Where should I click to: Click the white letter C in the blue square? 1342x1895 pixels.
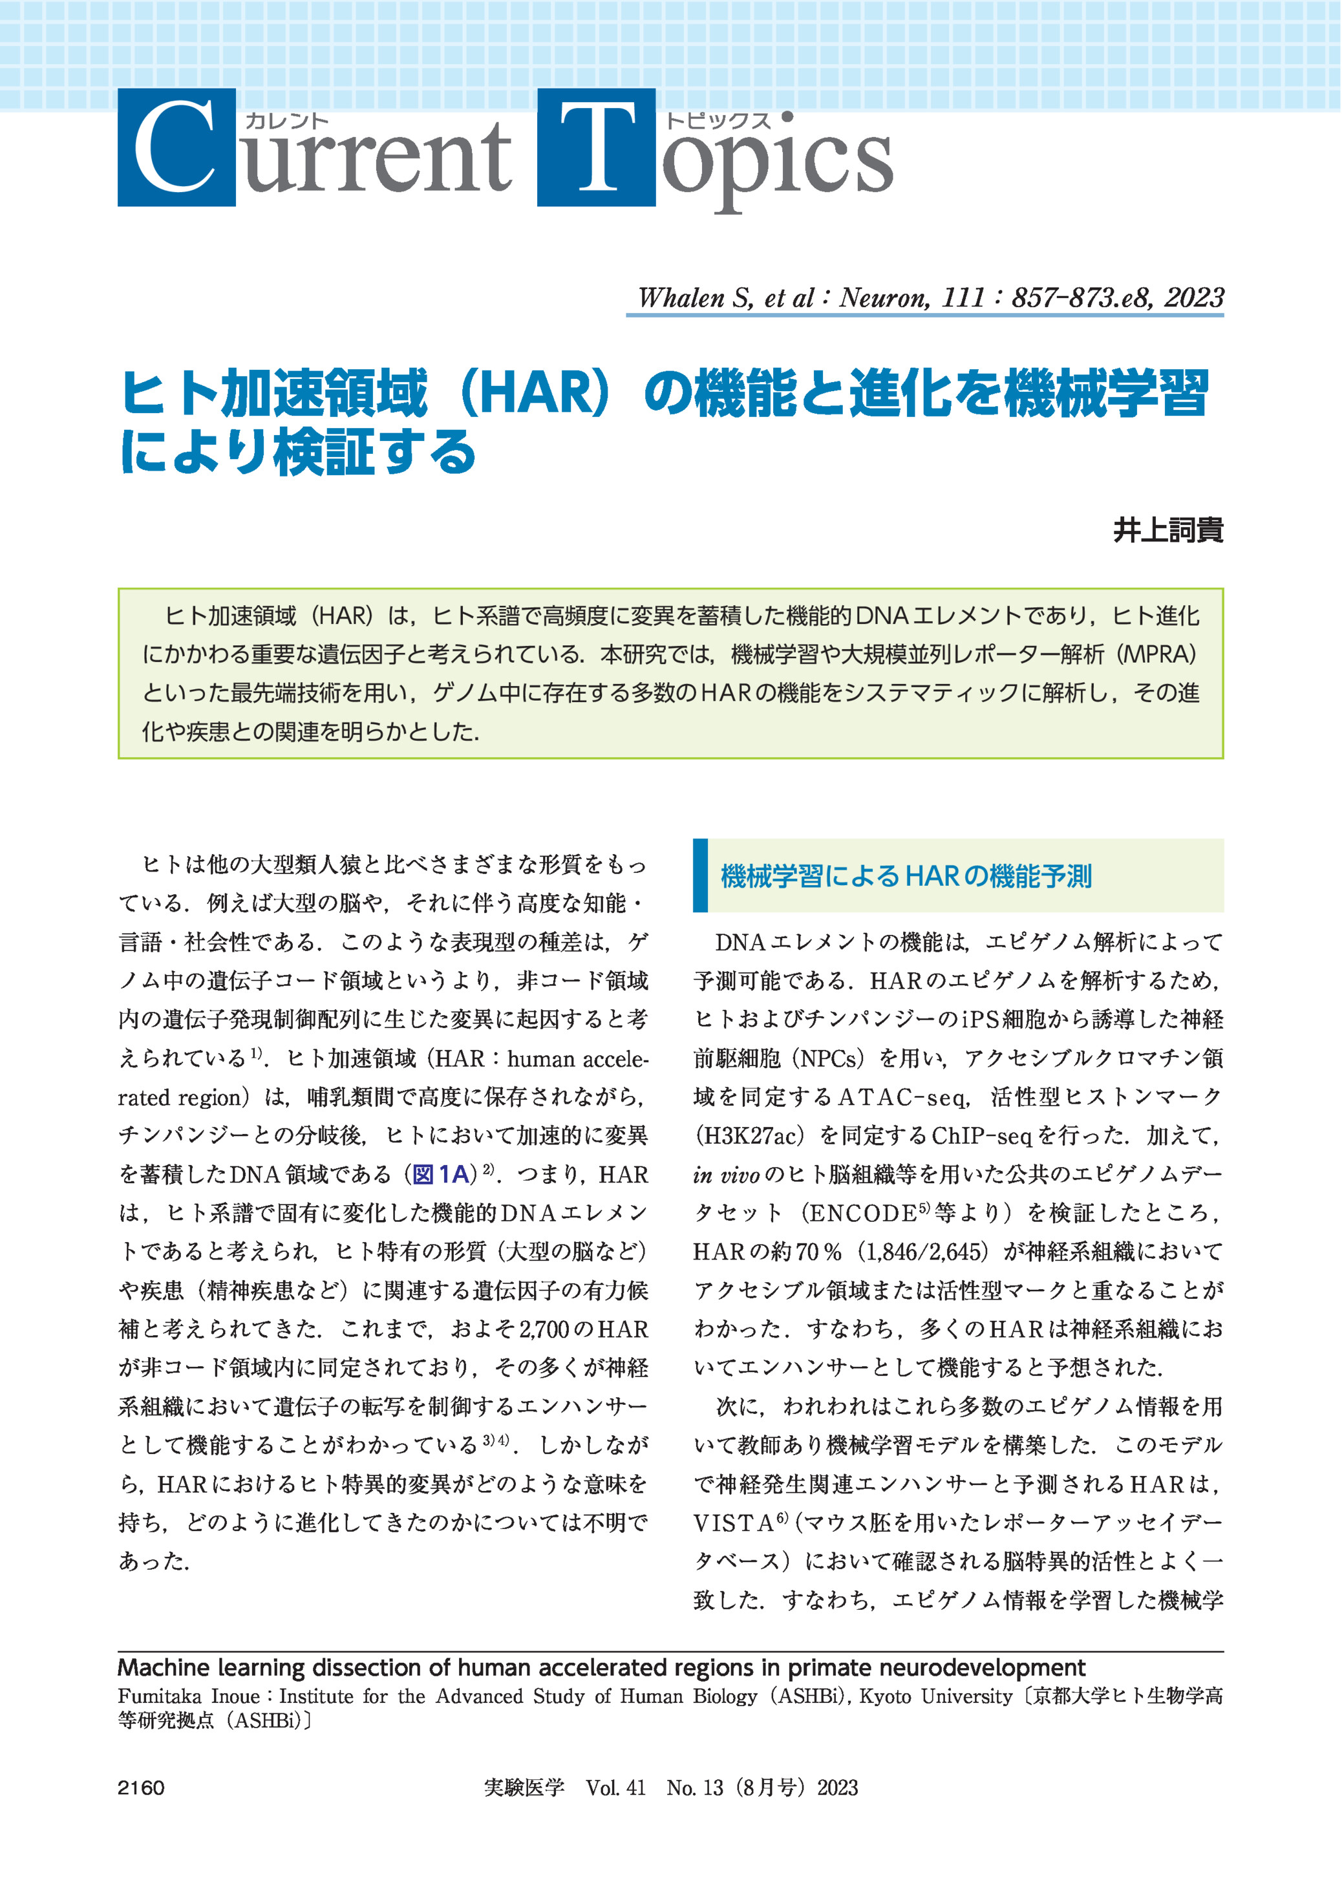(x=175, y=148)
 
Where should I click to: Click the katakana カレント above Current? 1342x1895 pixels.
(x=287, y=121)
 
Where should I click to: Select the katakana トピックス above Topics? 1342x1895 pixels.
(x=718, y=121)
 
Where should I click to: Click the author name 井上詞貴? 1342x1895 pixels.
(x=1167, y=530)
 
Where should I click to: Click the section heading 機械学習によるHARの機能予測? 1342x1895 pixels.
(x=906, y=876)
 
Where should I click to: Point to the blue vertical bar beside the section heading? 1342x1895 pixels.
(x=700, y=876)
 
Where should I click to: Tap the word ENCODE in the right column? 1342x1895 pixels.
(x=862, y=1213)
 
